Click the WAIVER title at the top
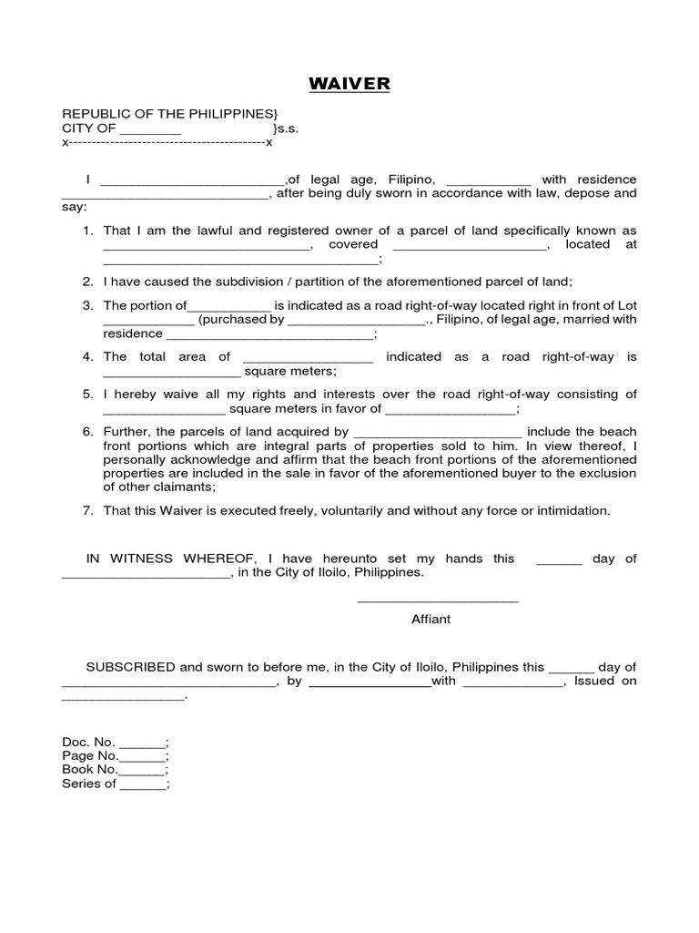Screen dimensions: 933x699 (x=349, y=85)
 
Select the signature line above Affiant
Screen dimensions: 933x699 (x=438, y=600)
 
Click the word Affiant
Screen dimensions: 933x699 (x=431, y=619)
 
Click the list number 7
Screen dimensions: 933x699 (x=88, y=511)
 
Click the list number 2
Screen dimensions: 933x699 (x=88, y=282)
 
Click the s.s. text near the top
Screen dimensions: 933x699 (x=286, y=129)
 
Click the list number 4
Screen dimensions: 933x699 (x=88, y=357)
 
